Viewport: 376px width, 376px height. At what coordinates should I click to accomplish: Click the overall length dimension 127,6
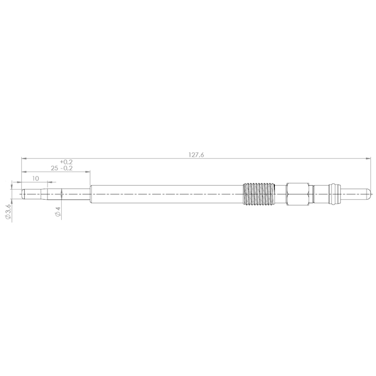coord(196,155)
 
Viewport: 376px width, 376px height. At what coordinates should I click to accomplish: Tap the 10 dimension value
coord(35,179)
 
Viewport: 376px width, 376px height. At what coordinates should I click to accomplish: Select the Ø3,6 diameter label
coord(8,213)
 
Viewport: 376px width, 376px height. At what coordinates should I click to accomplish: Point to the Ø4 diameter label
coord(58,211)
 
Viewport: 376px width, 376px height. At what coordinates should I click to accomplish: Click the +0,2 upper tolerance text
coord(66,162)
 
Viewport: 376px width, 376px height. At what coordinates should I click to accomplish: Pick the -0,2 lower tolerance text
coord(66,169)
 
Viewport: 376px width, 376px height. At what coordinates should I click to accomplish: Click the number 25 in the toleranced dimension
coord(54,169)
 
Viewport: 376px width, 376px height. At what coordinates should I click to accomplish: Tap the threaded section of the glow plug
coord(259,194)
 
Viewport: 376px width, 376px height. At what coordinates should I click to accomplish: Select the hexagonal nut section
coord(297,194)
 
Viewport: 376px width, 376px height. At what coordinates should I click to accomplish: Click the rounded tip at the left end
coord(23,194)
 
